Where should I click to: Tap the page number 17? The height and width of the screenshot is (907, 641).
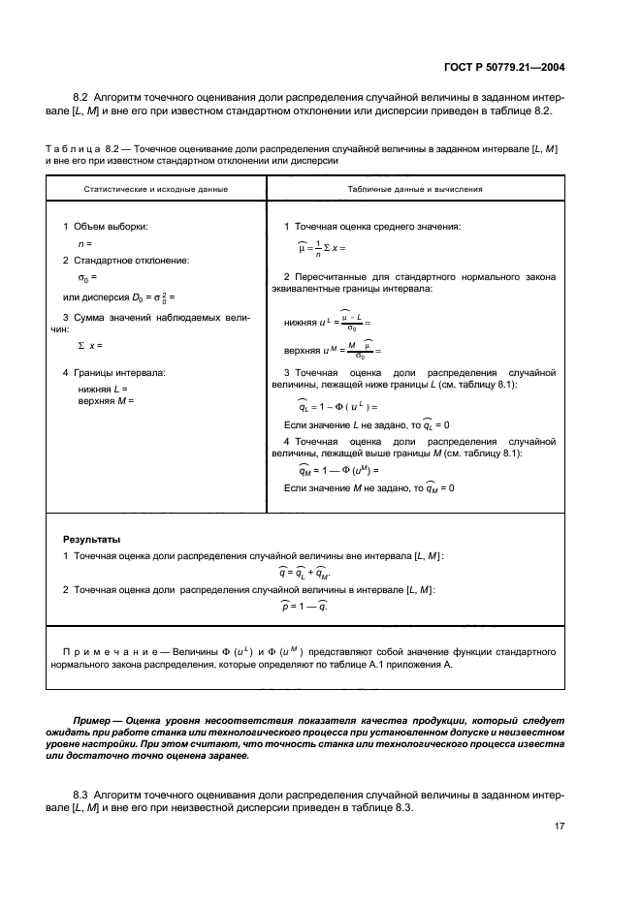pyautogui.click(x=560, y=826)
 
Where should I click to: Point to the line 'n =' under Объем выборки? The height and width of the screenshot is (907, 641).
pyautogui.click(x=84, y=244)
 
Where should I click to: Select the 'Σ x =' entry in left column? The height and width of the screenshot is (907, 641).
pyautogui.click(x=89, y=346)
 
